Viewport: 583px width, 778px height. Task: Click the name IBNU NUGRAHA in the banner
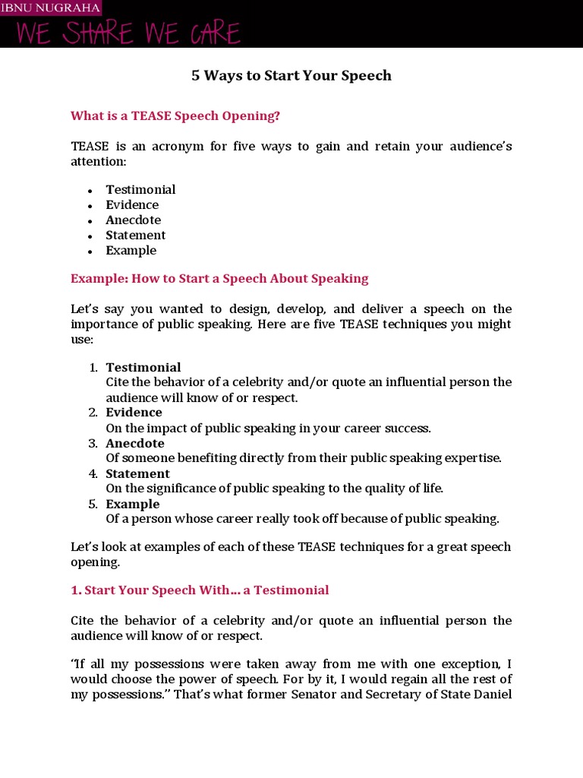50,8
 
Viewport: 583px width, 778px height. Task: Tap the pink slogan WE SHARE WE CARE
128,34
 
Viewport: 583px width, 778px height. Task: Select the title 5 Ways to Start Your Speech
291,75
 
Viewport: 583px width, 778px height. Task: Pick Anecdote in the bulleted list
134,220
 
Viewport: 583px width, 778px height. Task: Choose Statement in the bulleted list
135,236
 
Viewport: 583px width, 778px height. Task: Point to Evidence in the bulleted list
132,205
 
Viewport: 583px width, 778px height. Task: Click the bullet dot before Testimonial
90,191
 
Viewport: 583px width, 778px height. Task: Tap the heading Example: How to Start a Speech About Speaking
219,278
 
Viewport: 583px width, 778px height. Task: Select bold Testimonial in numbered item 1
143,368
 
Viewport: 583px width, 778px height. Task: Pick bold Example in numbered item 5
133,504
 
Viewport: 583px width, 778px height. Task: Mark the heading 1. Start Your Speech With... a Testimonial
200,590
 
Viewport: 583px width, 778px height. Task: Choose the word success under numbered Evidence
407,429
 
